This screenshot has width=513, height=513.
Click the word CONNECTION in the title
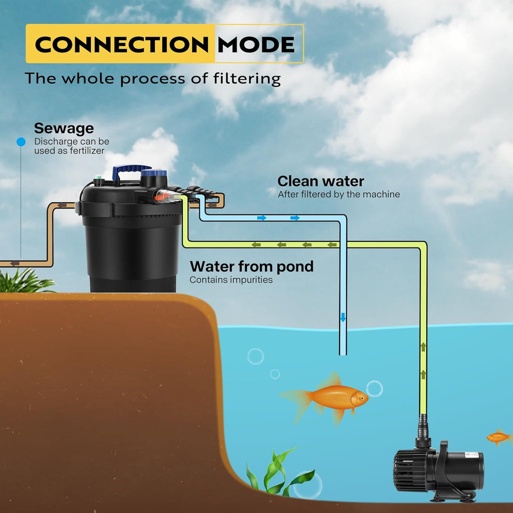coord(121,45)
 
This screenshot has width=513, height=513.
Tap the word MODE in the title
coord(255,45)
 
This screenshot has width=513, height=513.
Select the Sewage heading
coord(64,129)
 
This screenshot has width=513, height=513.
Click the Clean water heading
coord(321,181)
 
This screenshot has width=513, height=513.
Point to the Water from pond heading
coord(251,266)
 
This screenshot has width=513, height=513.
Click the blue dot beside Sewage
coord(21,142)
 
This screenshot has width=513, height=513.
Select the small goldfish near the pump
coord(498,437)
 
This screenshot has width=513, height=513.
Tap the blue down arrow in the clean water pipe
coord(343,317)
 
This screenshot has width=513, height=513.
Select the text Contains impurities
coord(231,280)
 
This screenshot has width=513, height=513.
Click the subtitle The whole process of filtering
coord(153,79)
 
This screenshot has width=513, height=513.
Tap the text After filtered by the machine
coord(339,194)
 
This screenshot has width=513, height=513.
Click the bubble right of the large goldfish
coord(374,388)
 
